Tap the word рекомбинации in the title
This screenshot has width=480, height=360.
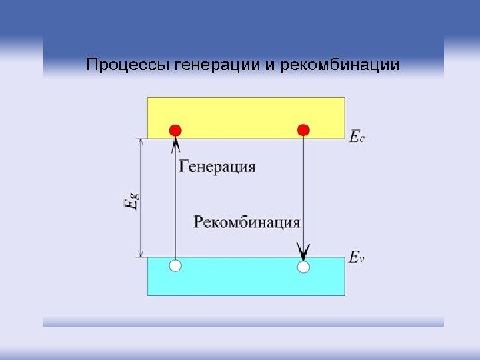[341, 65]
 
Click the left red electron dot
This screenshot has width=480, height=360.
[175, 129]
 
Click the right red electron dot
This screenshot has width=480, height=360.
[303, 129]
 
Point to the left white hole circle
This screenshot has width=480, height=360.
[175, 266]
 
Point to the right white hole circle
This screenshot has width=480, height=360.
[303, 267]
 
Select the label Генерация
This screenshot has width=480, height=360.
[217, 167]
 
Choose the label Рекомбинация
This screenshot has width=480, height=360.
[247, 222]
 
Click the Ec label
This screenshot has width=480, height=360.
[357, 137]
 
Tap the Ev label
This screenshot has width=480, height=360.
[357, 257]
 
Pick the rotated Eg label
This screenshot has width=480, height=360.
[132, 199]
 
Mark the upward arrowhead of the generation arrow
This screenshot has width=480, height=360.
[175, 143]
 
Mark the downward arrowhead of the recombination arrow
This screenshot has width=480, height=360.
[303, 253]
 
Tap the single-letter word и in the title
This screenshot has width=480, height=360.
[271, 66]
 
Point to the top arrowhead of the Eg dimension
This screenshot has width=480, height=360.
[140, 142]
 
